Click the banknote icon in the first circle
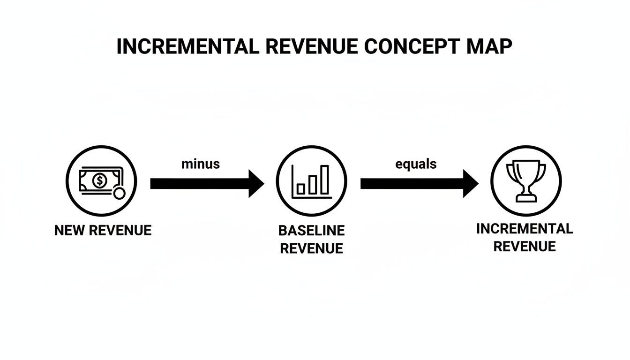[x=99, y=180]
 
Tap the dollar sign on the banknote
[x=99, y=180]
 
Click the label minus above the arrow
[x=200, y=164]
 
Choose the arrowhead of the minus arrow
[x=256, y=184]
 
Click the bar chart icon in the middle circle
[x=311, y=180]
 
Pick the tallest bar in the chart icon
[x=324, y=180]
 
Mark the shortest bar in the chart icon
[x=301, y=189]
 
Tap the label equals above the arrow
[x=416, y=164]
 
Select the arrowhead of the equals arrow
[x=470, y=184]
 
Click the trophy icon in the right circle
[x=526, y=180]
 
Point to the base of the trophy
[x=526, y=199]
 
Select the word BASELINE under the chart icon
[x=311, y=231]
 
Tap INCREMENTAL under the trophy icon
[x=525, y=229]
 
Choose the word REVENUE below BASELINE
[x=311, y=248]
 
